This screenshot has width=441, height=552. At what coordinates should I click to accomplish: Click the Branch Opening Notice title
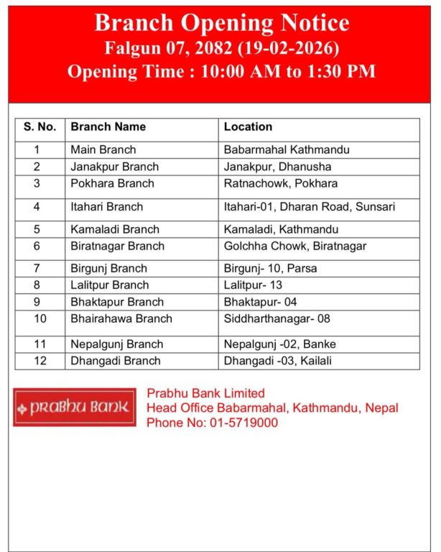[221, 24]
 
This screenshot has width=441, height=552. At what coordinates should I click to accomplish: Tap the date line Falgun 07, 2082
[221, 49]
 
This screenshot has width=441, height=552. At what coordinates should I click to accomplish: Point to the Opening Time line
[221, 72]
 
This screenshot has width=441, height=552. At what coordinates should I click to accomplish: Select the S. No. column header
[40, 126]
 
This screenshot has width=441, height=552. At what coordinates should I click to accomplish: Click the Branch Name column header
[108, 126]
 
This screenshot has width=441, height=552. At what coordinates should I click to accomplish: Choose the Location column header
[248, 126]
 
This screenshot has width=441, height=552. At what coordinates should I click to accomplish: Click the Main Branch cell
[103, 150]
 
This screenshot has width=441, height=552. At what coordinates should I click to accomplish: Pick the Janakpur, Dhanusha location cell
[277, 167]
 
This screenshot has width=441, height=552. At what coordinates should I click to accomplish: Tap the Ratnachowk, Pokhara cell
[280, 183]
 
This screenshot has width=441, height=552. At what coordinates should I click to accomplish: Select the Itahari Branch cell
[106, 206]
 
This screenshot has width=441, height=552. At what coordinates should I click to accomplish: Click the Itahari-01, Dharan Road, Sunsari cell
[309, 206]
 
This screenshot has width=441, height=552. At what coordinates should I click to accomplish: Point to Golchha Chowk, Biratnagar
[294, 246]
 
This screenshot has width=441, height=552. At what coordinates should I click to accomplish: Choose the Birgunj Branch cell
[108, 269]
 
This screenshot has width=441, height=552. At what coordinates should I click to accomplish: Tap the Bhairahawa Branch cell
[121, 318]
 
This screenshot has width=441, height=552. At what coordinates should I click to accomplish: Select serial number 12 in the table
[40, 361]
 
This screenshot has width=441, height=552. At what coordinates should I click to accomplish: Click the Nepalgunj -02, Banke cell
[279, 344]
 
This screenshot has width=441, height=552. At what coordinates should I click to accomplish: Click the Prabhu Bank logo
[74, 408]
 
